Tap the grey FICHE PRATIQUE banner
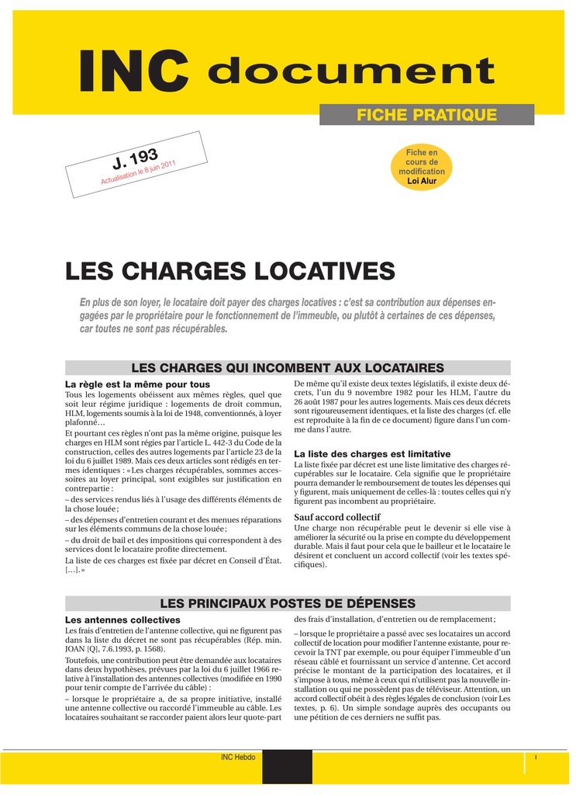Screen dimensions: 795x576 426,115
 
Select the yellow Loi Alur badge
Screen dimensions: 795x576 422,166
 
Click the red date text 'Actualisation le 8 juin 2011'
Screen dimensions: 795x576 140,172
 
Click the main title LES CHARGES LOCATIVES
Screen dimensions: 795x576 230,271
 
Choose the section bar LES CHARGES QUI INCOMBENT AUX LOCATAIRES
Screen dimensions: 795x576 288,367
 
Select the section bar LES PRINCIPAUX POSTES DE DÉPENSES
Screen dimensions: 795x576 288,603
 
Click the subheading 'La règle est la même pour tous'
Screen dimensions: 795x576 137,384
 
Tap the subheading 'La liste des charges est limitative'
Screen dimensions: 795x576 372,453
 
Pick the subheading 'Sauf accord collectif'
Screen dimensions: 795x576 337,517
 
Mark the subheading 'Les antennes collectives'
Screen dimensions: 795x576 122,620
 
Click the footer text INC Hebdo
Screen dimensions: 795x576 238,757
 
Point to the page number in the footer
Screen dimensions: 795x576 536,757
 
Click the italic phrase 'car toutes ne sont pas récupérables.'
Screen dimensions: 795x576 154,329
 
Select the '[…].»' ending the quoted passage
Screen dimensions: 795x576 75,569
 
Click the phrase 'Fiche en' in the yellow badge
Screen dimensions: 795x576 422,152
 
